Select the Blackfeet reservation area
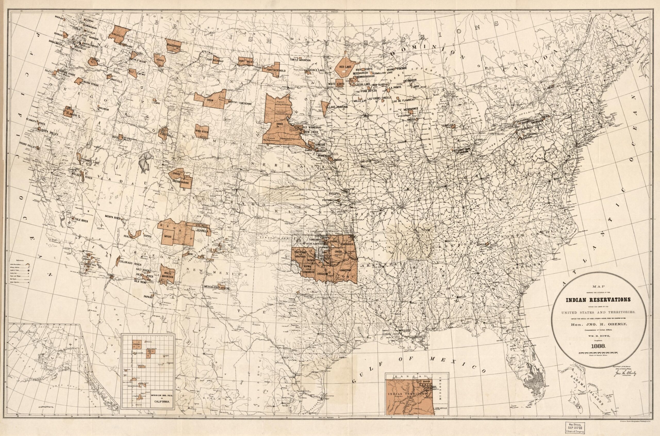174,45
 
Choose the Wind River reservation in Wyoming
202,131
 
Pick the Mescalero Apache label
217,288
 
